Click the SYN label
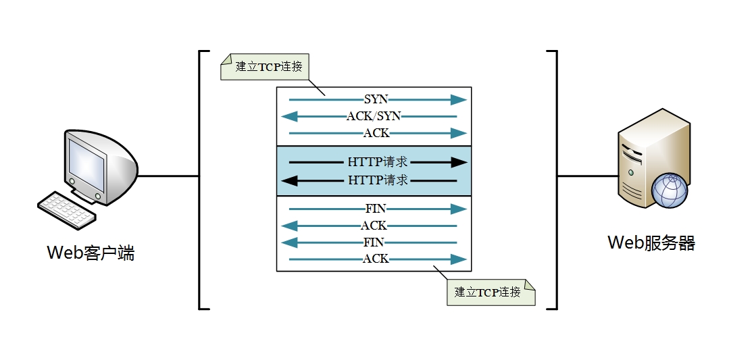tap(376, 100)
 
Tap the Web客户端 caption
tap(91, 253)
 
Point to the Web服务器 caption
tap(651, 243)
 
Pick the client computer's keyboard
tap(66, 209)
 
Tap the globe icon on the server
tap(669, 190)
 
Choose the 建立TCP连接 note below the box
tap(487, 292)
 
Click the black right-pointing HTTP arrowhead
tap(459, 163)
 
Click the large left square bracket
tap(200, 180)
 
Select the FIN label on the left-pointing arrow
tap(374, 242)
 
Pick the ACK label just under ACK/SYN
tap(376, 133)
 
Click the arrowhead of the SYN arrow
tap(459, 100)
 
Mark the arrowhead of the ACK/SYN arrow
tap(289, 116)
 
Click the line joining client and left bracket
tap(169, 176)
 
